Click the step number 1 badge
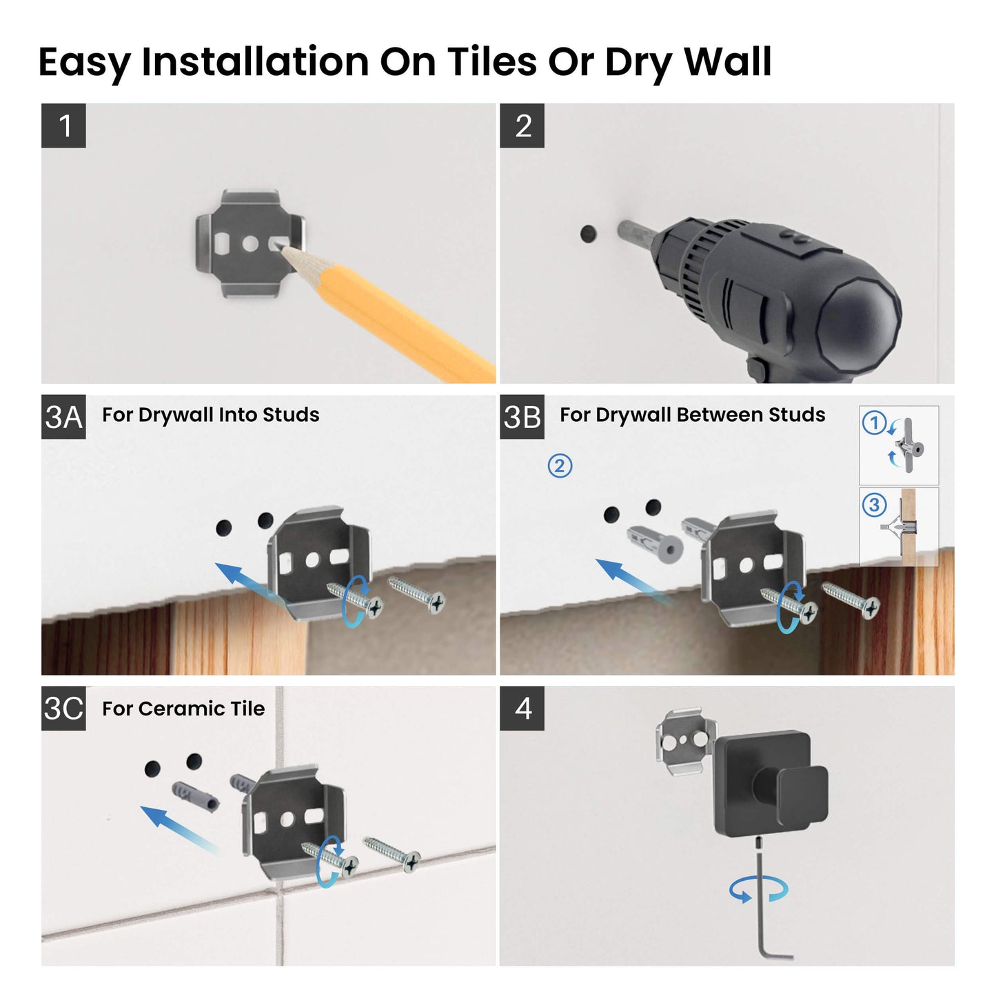click(63, 125)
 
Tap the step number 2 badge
click(522, 125)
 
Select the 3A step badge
click(63, 417)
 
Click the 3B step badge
click(522, 417)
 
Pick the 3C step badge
click(63, 708)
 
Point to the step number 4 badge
click(522, 708)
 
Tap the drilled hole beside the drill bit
click(588, 234)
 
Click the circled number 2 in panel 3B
click(560, 466)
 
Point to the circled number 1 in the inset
click(874, 423)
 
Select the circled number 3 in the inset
click(874, 505)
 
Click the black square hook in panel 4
click(771, 783)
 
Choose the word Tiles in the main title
click(491, 62)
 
